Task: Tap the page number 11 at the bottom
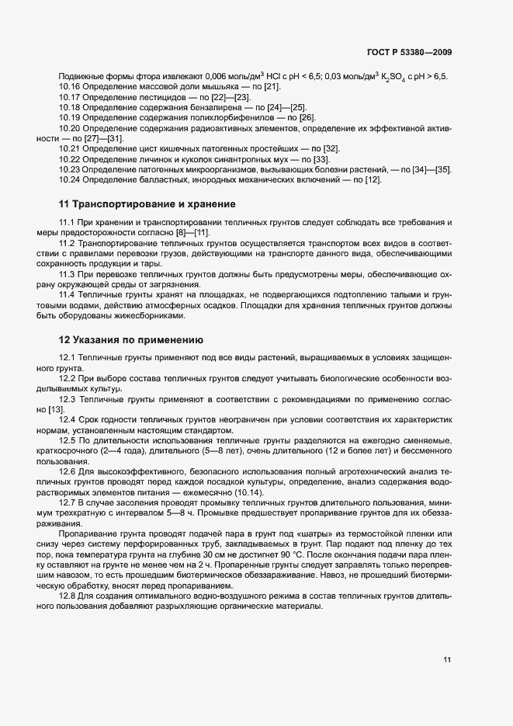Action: pos(447,661)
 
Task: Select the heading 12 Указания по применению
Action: pos(131,339)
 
